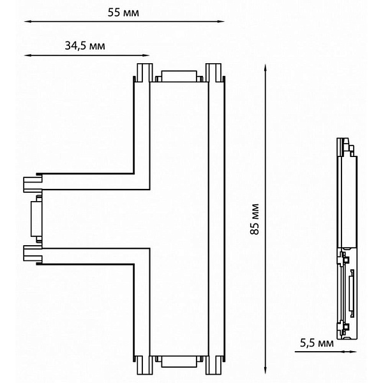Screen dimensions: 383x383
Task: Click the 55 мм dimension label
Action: click(x=123, y=13)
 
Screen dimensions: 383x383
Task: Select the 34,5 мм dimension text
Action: click(x=85, y=46)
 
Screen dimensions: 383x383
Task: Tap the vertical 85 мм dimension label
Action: click(x=255, y=219)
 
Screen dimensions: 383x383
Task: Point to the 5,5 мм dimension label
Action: click(x=317, y=343)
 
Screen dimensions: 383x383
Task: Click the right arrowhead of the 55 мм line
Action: click(x=221, y=22)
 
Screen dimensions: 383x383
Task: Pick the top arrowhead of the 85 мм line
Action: click(x=266, y=68)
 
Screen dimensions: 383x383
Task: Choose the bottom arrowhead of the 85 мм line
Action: click(x=266, y=370)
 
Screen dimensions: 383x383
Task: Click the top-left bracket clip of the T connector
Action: click(x=145, y=73)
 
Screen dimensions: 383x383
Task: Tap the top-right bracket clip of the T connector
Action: click(x=213, y=73)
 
